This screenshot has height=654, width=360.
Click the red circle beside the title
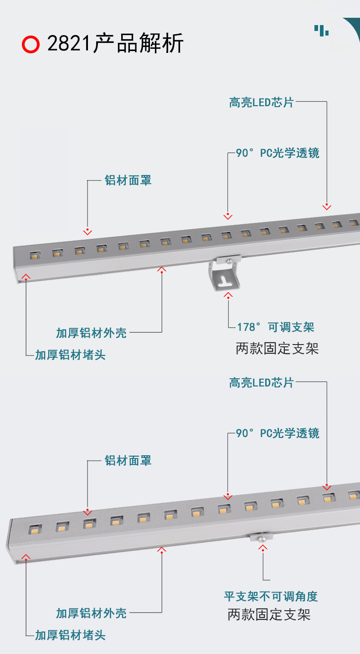point(31,44)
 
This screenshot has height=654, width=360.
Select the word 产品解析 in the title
point(138,44)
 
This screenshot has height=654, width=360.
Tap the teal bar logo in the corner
point(322,30)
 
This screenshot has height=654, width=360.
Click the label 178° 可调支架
point(276,327)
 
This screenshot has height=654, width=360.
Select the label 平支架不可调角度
point(271,596)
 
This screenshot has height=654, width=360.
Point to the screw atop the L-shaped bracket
point(230,261)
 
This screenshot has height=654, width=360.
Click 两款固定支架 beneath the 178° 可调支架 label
point(277,349)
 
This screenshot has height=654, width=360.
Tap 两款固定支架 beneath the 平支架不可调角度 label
point(269,615)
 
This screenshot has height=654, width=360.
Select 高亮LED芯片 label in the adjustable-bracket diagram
point(262,102)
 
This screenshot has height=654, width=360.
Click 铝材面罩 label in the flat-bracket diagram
point(128,461)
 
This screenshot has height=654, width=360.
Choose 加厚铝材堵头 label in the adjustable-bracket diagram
point(71,355)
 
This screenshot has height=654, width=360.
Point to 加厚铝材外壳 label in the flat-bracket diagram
point(91,613)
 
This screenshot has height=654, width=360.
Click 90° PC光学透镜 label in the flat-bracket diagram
point(278,433)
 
